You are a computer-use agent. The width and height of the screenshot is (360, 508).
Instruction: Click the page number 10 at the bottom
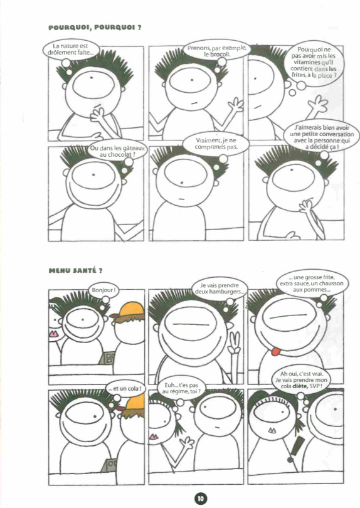(x=201, y=499)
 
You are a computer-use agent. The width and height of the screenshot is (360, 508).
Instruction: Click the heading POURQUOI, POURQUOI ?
(x=95, y=28)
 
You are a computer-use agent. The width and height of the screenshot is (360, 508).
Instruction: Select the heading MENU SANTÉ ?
(x=75, y=270)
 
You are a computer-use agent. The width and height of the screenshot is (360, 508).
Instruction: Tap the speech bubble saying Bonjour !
(x=103, y=290)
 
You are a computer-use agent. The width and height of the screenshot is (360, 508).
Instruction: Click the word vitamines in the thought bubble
(x=306, y=62)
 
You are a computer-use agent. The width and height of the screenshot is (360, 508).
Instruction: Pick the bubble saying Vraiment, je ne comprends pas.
(x=216, y=144)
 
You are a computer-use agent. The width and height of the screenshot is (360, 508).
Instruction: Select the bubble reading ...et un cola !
(x=125, y=389)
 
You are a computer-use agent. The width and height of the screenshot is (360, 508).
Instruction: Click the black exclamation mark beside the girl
(x=295, y=449)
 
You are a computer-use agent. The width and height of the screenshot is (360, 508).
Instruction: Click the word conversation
(x=336, y=134)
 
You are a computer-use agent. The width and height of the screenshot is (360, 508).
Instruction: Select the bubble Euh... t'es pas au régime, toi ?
(x=181, y=388)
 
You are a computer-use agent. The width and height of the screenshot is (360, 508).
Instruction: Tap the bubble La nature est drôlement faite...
(x=71, y=50)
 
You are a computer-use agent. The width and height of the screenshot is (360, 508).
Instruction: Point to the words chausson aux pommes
(x=312, y=287)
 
